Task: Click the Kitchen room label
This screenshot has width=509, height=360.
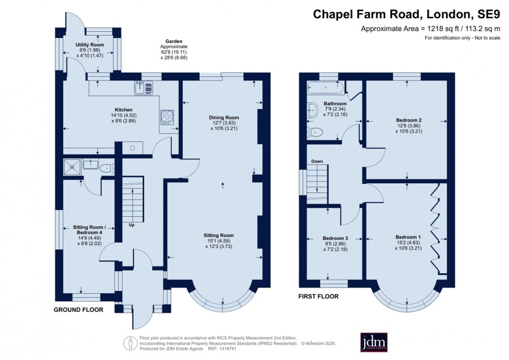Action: tap(123, 110)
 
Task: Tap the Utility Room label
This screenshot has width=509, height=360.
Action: tap(90, 45)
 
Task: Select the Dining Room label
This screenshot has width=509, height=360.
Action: tap(224, 118)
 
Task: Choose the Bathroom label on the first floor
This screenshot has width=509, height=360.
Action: tap(335, 104)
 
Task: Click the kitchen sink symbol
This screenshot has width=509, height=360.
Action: tap(144, 88)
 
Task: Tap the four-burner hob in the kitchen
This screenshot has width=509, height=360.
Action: tap(167, 117)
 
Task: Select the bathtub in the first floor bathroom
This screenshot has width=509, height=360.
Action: tap(326, 88)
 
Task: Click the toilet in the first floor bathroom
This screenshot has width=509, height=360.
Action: tap(315, 132)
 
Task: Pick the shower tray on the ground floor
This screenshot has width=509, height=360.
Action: tap(71, 166)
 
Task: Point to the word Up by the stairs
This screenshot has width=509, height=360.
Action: tap(131, 225)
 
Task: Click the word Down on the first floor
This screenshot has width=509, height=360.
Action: tap(317, 161)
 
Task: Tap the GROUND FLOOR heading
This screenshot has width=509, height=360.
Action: tap(79, 310)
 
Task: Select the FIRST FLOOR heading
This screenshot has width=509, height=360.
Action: tap(318, 296)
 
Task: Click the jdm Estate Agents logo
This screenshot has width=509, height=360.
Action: tap(374, 342)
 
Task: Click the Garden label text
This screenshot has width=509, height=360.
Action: tap(174, 41)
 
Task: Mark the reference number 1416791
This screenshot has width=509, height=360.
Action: tap(228, 349)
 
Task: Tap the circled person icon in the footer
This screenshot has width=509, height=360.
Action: tap(131, 343)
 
